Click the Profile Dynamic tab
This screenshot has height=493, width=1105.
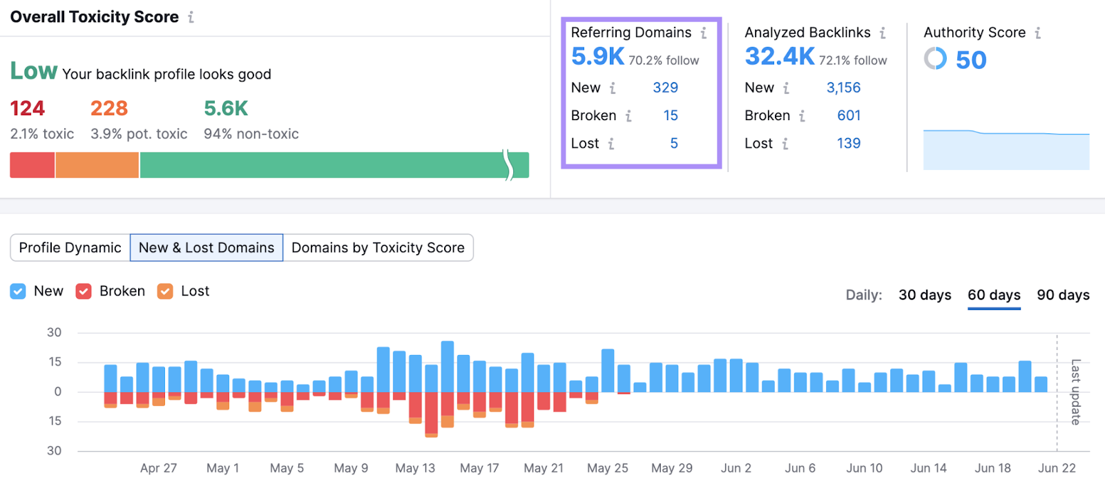[70, 248]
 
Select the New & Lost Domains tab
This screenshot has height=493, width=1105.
[206, 248]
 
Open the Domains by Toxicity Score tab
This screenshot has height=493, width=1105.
[378, 248]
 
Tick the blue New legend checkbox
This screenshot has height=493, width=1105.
[18, 291]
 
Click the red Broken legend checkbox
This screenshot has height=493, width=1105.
[84, 291]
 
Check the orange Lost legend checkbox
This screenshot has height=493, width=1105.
[165, 291]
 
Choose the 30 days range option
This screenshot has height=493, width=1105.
[925, 295]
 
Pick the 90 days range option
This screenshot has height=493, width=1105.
[1063, 295]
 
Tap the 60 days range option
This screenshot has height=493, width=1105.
[994, 295]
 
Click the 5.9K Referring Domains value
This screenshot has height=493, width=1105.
[597, 57]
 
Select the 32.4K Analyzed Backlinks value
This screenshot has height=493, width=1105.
[780, 57]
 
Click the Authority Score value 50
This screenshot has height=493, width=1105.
[970, 60]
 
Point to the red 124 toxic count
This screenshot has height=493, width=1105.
[27, 108]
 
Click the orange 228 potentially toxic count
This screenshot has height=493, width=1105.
[109, 108]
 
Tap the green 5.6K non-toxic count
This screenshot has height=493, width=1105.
[226, 108]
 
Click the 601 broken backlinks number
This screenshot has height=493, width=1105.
[849, 115]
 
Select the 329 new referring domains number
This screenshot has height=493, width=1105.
[665, 88]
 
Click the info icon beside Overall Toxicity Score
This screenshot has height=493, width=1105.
[191, 17]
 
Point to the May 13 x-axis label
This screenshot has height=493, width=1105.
[415, 468]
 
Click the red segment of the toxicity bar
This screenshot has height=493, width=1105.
[32, 166]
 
